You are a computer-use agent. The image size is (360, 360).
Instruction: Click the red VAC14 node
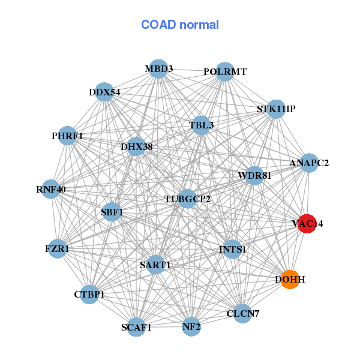[x=307, y=223]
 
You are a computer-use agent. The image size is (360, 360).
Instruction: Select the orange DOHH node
[x=290, y=280]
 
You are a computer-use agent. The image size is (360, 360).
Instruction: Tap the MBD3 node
[x=158, y=69]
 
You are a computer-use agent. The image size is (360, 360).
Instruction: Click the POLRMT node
[x=224, y=71]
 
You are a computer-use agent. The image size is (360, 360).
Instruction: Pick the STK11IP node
[x=275, y=109]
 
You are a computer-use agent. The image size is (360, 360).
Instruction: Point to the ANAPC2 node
[x=308, y=163]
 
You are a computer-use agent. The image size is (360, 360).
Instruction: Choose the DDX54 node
[x=104, y=92]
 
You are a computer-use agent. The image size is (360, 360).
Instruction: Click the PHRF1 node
[x=67, y=136]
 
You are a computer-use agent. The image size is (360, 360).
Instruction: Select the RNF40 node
[x=51, y=189]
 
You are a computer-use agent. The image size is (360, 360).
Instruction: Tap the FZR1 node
[x=57, y=248]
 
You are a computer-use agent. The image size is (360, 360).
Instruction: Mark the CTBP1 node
[x=89, y=294]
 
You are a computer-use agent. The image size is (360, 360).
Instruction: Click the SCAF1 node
[x=136, y=327]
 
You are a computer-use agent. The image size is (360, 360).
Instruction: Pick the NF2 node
[x=191, y=327]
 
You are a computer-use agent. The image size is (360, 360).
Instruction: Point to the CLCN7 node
[x=242, y=313]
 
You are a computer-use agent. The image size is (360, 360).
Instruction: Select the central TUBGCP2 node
[x=187, y=199]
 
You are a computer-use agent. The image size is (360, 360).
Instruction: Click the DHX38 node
[x=136, y=146]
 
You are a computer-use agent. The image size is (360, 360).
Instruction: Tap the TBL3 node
[x=201, y=125]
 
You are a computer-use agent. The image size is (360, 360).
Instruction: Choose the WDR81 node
[x=254, y=176]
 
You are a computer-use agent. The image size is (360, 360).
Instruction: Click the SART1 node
[x=155, y=265]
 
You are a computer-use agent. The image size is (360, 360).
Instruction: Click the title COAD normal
[x=180, y=25]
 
